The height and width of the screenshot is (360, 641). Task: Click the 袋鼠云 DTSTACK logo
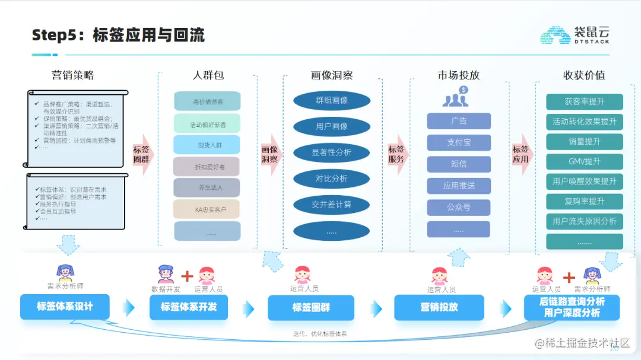[x=574, y=35]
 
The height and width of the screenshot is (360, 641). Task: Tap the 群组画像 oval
[x=332, y=100]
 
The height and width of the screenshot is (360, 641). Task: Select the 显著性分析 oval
[x=332, y=152]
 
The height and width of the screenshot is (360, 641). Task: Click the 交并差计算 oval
[x=332, y=205]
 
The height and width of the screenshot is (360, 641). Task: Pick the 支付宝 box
[x=459, y=143]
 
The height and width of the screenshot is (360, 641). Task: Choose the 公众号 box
[x=459, y=208]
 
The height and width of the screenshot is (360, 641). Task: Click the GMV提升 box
[x=584, y=162]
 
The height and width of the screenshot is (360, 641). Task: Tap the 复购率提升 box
[x=584, y=202]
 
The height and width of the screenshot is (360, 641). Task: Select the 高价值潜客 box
[x=207, y=101]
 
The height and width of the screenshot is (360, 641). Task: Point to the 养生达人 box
[x=207, y=188]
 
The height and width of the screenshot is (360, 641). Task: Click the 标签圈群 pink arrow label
[x=142, y=154]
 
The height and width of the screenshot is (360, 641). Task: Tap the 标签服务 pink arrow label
[x=396, y=154]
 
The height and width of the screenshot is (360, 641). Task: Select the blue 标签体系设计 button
[x=65, y=307]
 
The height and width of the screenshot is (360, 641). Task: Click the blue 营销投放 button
[x=439, y=307]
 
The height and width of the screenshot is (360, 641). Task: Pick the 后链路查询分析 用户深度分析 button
[x=572, y=307]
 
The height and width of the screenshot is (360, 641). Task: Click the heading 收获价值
[x=584, y=75]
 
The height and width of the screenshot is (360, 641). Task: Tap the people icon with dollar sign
[x=456, y=97]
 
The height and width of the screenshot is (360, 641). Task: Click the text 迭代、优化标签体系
[x=320, y=334]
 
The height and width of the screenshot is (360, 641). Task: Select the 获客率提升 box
[x=584, y=102]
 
